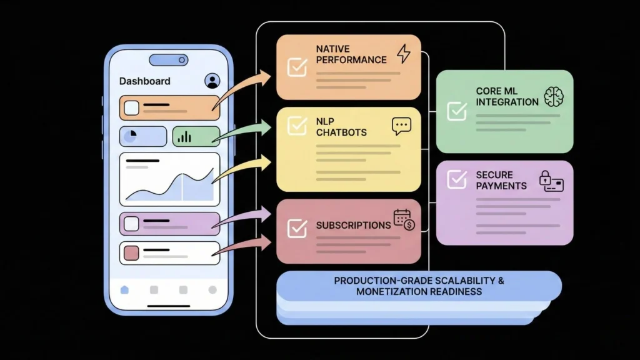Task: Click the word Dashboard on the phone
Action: [x=144, y=81]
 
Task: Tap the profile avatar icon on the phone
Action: [x=212, y=81]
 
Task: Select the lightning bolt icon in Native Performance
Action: [x=404, y=54]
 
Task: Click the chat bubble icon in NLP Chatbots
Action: [x=401, y=127]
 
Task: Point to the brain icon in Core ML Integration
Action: [x=554, y=96]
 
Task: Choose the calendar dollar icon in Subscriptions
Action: [x=404, y=219]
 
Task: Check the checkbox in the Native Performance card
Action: [x=297, y=67]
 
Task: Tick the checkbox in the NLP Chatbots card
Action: [x=297, y=126]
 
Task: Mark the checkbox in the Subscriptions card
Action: [x=297, y=228]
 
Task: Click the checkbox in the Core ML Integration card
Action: [x=457, y=111]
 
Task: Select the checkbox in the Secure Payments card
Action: [x=457, y=180]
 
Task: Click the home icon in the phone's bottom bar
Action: [x=124, y=289]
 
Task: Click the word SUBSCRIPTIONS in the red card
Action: [x=353, y=225]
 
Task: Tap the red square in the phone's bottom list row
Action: [x=131, y=253]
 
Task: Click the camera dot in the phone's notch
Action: [x=182, y=60]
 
